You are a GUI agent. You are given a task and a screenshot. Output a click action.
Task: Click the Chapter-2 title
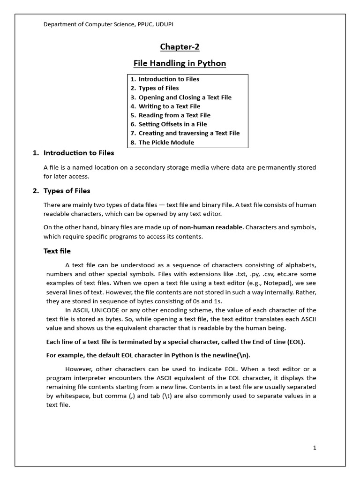tap(180, 46)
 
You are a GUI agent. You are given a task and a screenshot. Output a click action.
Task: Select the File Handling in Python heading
tap(180, 63)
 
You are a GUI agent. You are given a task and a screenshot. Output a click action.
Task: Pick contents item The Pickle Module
tap(166, 142)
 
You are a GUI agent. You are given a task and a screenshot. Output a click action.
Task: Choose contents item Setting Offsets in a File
tap(172, 124)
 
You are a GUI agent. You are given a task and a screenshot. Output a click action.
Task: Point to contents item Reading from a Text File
tap(174, 115)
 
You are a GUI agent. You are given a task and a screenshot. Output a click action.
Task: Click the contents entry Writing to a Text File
tap(169, 106)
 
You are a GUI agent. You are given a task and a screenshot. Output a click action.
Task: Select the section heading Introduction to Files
tap(78, 153)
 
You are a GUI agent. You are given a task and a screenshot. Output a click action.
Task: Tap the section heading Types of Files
tap(67, 191)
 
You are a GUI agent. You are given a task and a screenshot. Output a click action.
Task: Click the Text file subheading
tap(57, 251)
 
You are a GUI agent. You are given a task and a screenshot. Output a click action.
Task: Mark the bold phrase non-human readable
tap(211, 228)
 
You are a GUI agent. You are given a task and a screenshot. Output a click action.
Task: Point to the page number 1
tap(315, 448)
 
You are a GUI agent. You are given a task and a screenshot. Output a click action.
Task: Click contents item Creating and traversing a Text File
tap(189, 133)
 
